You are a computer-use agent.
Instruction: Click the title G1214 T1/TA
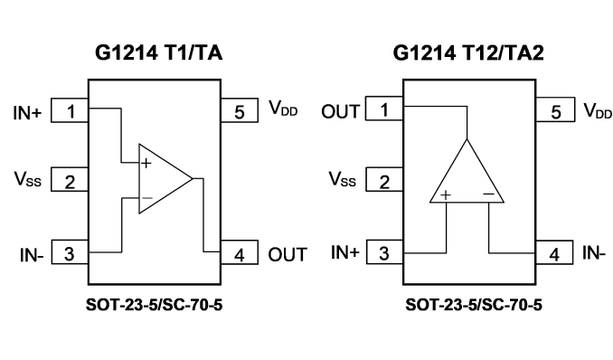pyautogui.click(x=159, y=52)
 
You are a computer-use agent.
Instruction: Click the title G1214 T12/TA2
pyautogui.click(x=468, y=52)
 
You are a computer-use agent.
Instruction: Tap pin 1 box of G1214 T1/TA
pyautogui.click(x=70, y=110)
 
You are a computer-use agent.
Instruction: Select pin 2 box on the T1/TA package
pyautogui.click(x=70, y=180)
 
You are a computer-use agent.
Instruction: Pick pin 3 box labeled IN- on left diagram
pyautogui.click(x=70, y=252)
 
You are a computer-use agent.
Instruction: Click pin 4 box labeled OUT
pyautogui.click(x=240, y=252)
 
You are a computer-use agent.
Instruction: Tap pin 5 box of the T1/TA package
pyautogui.click(x=240, y=110)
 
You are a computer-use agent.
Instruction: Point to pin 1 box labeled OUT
pyautogui.click(x=384, y=109)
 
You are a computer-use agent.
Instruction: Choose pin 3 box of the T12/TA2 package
pyautogui.click(x=384, y=252)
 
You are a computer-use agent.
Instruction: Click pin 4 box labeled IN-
pyautogui.click(x=554, y=252)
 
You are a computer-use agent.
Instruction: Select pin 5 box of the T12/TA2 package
pyautogui.click(x=555, y=109)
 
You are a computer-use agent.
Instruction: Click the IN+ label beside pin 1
pyautogui.click(x=27, y=113)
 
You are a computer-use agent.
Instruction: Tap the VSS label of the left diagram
pyautogui.click(x=28, y=179)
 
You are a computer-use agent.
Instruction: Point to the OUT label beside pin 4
pyautogui.click(x=288, y=255)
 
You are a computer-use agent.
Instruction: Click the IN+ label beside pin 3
pyautogui.click(x=344, y=252)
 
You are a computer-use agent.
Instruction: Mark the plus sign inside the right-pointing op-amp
pyautogui.click(x=146, y=163)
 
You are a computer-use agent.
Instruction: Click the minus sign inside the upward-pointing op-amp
pyautogui.click(x=488, y=194)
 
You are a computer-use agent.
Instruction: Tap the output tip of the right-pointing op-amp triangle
pyautogui.click(x=193, y=179)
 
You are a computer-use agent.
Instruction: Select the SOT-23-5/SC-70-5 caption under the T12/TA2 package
pyautogui.click(x=474, y=305)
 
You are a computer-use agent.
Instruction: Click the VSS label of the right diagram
pyautogui.click(x=343, y=179)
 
